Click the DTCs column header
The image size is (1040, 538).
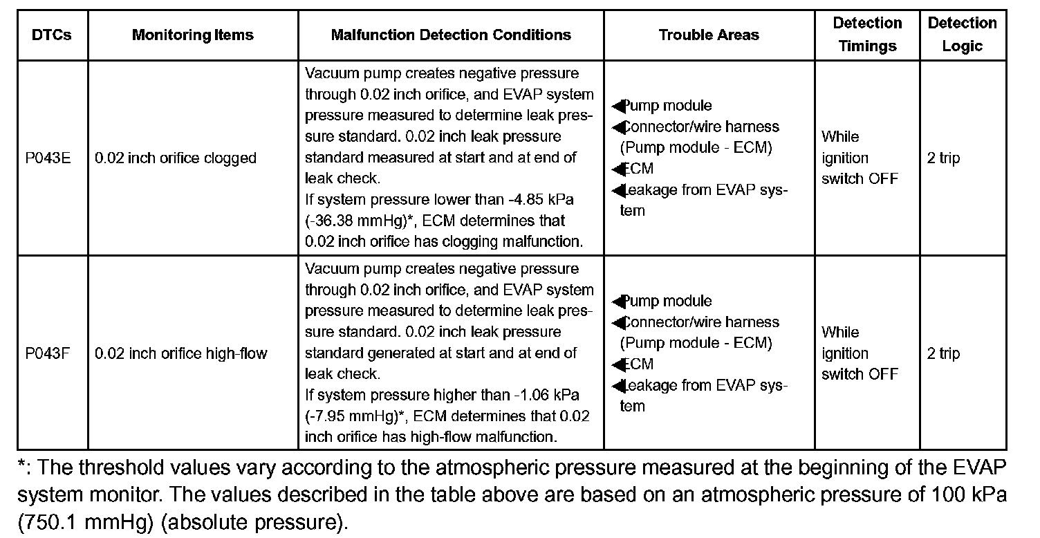[x=52, y=35]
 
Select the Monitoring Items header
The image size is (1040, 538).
[x=193, y=35]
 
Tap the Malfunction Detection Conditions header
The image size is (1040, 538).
[x=451, y=35]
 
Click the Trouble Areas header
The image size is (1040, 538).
[x=709, y=35]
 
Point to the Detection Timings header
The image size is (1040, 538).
[x=867, y=35]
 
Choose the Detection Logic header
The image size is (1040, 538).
[x=962, y=35]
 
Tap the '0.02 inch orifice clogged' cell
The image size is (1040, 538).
[x=176, y=158]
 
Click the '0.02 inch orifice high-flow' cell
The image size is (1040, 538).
[x=181, y=354]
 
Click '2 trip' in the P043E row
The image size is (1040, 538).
[x=943, y=158]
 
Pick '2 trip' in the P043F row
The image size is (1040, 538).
[x=943, y=354]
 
